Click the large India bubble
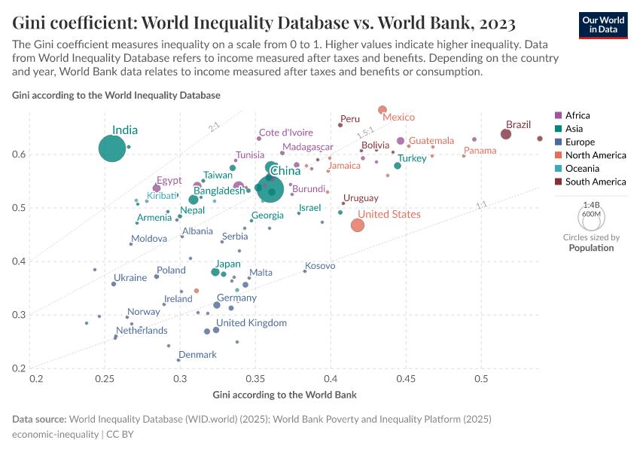[x=111, y=148]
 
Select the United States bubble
[x=358, y=225]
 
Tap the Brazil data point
[x=506, y=134]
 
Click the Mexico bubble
[x=382, y=110]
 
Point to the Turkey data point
[x=398, y=166]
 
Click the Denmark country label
[x=197, y=355]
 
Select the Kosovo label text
[x=320, y=266]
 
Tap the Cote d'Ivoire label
[x=286, y=133]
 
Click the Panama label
[x=480, y=151]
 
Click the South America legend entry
[x=595, y=182]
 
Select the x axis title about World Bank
[x=285, y=395]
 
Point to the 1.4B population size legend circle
[x=591, y=218]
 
